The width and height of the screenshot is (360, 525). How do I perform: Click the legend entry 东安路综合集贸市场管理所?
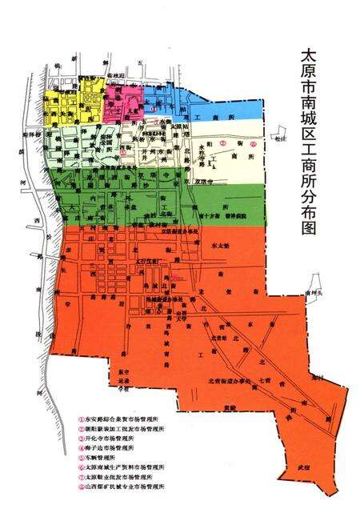pyautogui.click(x=120, y=419)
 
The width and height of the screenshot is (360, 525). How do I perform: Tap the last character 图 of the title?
pyautogui.click(x=307, y=227)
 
